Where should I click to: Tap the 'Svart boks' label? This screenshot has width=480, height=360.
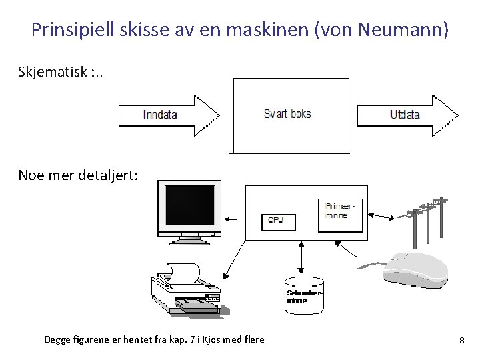(x=287, y=114)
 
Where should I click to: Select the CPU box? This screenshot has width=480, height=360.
(x=275, y=219)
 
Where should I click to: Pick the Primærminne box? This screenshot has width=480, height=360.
(x=341, y=215)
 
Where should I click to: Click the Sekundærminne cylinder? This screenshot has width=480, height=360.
(x=304, y=295)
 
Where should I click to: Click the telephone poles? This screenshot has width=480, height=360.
(x=427, y=219)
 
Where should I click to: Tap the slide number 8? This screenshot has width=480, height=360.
(x=461, y=341)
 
